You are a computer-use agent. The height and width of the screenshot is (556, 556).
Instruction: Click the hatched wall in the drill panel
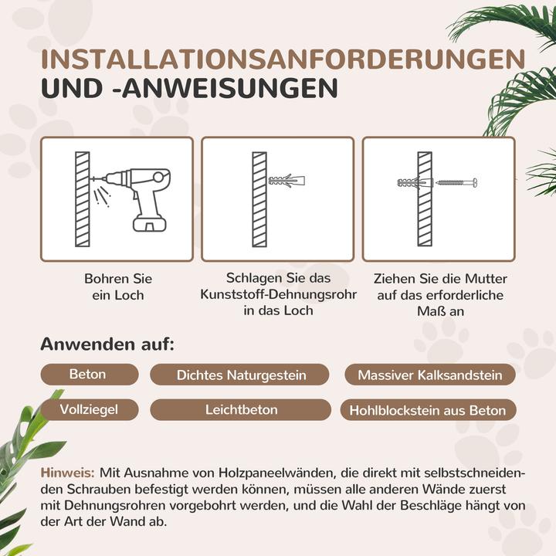[81, 198]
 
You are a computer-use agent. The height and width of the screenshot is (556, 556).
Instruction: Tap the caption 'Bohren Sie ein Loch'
[117, 286]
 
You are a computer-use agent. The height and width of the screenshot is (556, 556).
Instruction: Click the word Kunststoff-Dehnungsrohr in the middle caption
[277, 294]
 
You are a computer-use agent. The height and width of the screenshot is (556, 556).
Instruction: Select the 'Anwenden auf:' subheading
[107, 344]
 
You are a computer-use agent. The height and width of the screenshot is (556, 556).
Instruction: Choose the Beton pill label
[88, 375]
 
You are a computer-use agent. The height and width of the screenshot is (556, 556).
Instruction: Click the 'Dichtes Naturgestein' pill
[241, 375]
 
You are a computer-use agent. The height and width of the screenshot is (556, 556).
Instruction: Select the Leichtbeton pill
[241, 410]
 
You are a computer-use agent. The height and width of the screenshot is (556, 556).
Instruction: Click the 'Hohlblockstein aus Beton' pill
[427, 410]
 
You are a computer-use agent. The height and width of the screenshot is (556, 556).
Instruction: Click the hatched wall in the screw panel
[425, 198]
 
